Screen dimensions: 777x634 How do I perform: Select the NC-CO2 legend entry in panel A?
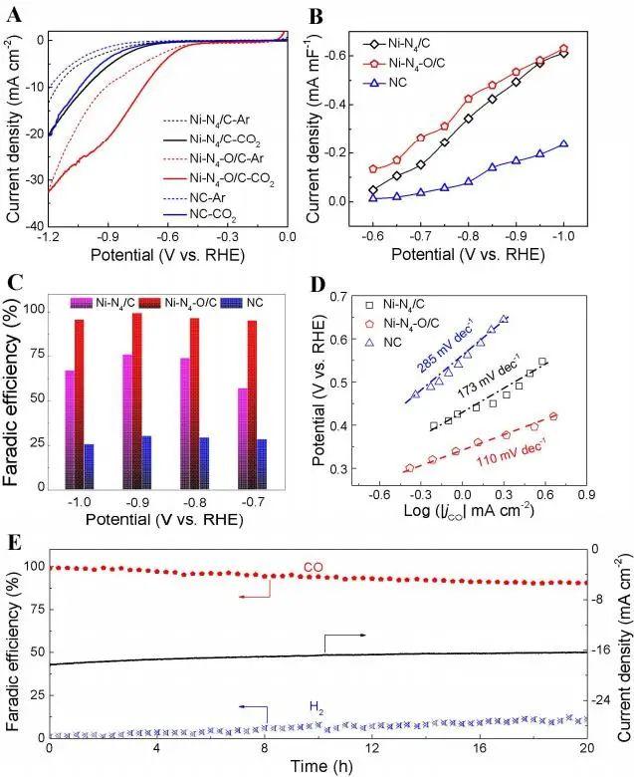(x=230, y=215)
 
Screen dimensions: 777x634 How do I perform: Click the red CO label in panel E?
(x=315, y=572)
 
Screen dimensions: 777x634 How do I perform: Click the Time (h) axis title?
(x=318, y=765)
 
